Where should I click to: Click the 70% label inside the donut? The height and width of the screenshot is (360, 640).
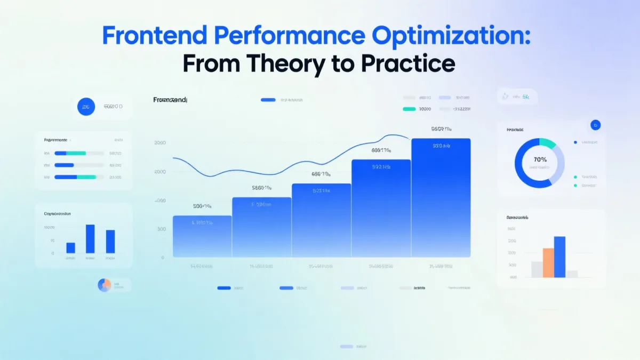(x=540, y=159)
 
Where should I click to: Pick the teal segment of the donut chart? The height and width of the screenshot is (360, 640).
(x=548, y=143)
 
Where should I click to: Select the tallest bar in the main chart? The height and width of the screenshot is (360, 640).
(x=441, y=197)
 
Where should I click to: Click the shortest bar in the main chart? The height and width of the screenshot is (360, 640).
(x=202, y=236)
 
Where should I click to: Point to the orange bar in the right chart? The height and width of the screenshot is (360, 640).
(x=548, y=263)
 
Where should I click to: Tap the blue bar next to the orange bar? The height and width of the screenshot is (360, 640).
(x=559, y=257)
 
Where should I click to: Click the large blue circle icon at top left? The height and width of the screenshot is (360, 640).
(x=85, y=107)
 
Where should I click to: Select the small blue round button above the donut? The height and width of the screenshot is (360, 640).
(x=596, y=125)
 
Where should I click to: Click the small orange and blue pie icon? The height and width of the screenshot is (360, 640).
(x=104, y=285)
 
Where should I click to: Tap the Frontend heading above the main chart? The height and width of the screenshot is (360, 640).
(x=170, y=100)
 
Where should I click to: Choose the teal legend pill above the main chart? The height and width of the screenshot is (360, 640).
(x=409, y=109)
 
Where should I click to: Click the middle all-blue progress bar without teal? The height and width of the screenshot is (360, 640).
(x=64, y=165)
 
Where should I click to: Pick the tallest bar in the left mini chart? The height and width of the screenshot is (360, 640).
(x=90, y=239)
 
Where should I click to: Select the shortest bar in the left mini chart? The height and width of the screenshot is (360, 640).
(x=70, y=248)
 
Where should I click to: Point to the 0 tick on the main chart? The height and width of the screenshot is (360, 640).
(x=163, y=258)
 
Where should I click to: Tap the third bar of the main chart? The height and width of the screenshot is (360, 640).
(x=322, y=220)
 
